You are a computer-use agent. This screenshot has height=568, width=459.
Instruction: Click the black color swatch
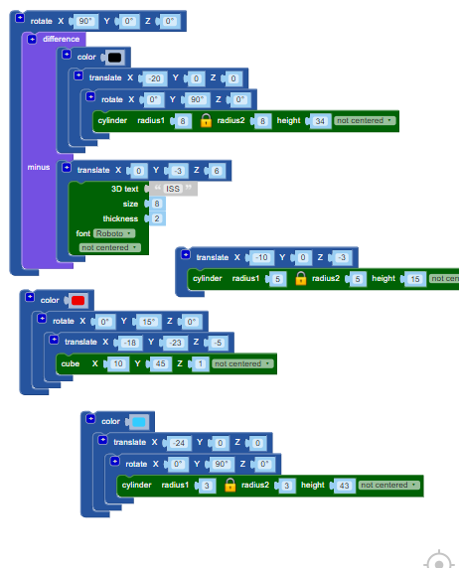(114, 58)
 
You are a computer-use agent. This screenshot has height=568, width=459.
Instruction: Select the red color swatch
(77, 300)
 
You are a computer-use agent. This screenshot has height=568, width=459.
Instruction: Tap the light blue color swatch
(139, 422)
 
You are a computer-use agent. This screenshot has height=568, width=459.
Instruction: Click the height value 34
(320, 121)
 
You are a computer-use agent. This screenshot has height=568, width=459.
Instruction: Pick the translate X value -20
(155, 78)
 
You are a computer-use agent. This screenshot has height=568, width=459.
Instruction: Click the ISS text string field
(173, 189)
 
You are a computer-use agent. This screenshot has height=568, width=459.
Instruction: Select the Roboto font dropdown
(114, 233)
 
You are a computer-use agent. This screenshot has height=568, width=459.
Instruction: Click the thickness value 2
(157, 218)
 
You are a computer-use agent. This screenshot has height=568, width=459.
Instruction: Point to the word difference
(61, 39)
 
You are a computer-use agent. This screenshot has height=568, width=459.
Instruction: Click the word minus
(39, 167)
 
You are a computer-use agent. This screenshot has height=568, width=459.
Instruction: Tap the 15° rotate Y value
(148, 322)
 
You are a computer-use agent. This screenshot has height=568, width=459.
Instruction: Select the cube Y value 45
(160, 363)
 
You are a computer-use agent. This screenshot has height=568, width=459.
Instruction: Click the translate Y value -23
(176, 343)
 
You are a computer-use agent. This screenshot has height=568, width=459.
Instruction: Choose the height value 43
(344, 486)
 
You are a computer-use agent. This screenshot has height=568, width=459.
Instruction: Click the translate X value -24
(179, 443)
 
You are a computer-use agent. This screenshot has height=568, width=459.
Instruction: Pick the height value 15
(415, 279)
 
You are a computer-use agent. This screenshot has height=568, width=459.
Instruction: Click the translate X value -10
(261, 257)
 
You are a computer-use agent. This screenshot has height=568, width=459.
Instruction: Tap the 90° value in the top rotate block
(85, 21)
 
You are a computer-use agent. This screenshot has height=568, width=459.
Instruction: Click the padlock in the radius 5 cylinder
(301, 279)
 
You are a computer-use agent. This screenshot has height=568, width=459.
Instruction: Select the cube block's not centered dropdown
(242, 363)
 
